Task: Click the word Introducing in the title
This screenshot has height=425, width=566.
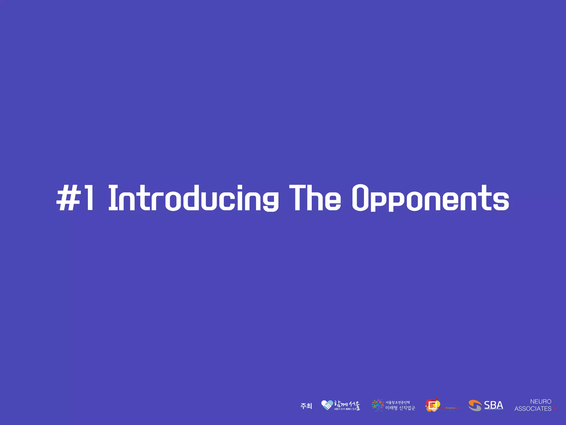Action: click(193, 198)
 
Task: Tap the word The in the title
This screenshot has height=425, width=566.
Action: click(315, 198)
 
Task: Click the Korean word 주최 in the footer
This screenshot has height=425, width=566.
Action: click(306, 406)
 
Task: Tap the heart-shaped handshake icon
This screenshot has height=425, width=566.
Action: click(327, 405)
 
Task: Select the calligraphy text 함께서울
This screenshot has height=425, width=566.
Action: click(347, 404)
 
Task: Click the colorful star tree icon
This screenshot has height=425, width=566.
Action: click(377, 405)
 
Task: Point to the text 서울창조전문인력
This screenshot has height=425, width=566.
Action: click(397, 402)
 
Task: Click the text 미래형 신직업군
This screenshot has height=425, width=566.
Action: click(400, 408)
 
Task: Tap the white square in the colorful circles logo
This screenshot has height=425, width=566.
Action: click(433, 405)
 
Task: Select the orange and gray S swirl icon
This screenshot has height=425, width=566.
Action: click(475, 405)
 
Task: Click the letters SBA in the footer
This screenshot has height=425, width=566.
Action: click(493, 405)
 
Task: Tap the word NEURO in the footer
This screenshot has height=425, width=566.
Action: click(541, 401)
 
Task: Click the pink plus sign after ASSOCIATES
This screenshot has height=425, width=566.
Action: click(555, 408)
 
